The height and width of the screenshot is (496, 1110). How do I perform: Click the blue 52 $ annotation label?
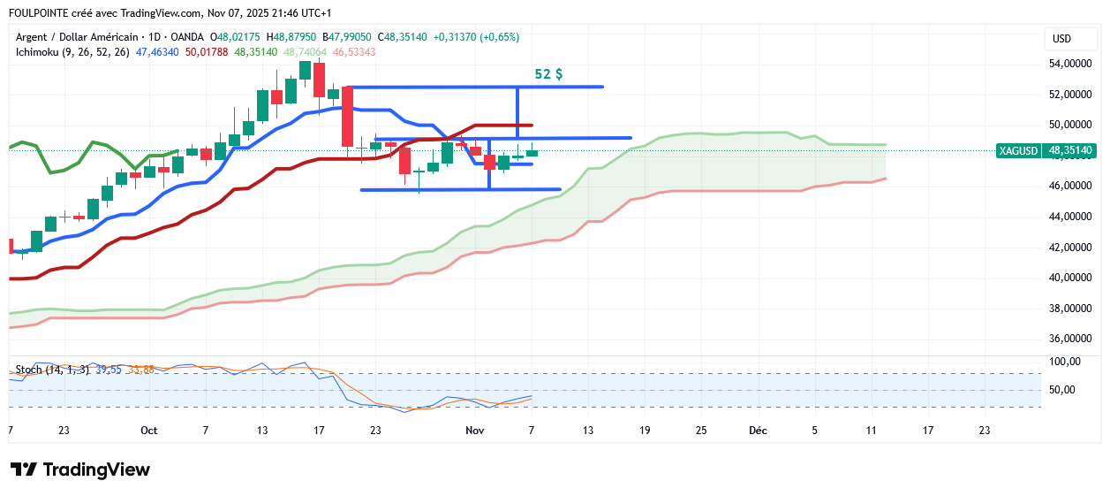coord(548,75)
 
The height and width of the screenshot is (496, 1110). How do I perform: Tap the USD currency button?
coord(1061,39)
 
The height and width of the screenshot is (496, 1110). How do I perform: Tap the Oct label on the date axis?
coord(148,431)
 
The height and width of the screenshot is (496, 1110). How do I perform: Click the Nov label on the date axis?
coord(475,431)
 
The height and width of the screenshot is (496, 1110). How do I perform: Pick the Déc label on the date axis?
coord(758,431)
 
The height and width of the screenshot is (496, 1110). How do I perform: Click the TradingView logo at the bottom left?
coord(79,469)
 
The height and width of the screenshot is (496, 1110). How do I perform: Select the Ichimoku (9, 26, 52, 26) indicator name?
coord(72,52)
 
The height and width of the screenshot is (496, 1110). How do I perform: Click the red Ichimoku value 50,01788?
coord(207,52)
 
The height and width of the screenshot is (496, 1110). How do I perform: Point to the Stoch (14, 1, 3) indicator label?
coord(52,369)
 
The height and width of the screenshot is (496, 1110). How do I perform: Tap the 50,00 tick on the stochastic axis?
coord(1063,390)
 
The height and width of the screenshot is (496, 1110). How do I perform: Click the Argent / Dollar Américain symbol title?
coord(78,37)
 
